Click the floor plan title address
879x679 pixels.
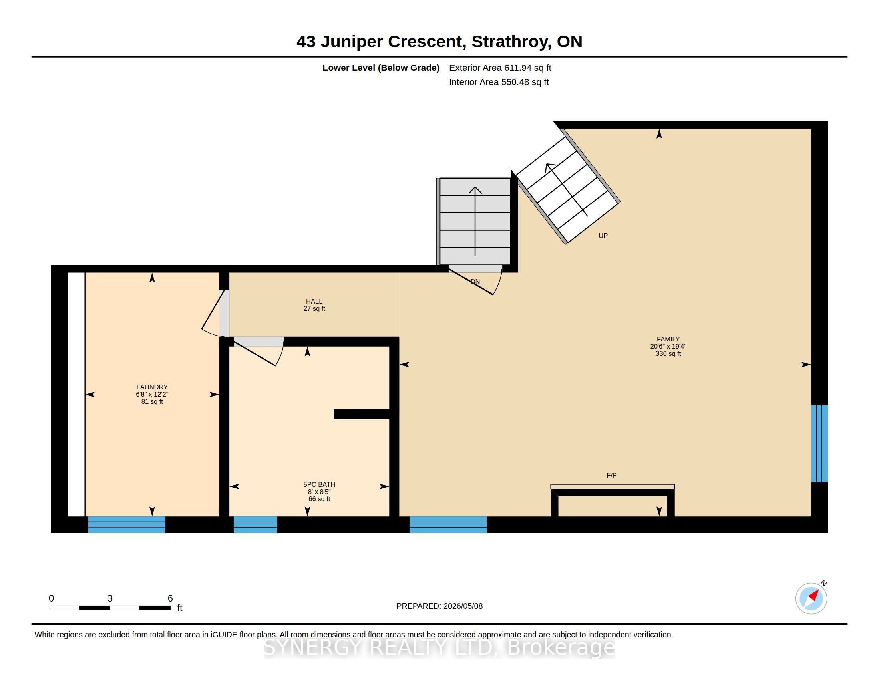(439, 42)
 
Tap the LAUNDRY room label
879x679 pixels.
(152, 387)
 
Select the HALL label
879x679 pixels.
(314, 301)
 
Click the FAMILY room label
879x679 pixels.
(668, 339)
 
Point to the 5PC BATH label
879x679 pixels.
(319, 485)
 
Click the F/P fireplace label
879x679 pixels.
(611, 475)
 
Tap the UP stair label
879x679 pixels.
(603, 236)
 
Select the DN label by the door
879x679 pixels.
(475, 282)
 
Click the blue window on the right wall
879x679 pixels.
(819, 443)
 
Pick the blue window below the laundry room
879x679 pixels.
(127, 525)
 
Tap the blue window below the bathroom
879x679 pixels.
(256, 525)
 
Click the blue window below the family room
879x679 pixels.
(448, 525)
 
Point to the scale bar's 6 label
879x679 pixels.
(170, 598)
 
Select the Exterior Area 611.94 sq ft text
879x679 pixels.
(500, 68)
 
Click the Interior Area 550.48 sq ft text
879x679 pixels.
(499, 82)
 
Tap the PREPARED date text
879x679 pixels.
(439, 606)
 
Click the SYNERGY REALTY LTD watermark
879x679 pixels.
(439, 647)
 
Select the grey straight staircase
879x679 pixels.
(475, 221)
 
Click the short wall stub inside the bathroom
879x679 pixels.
(362, 414)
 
